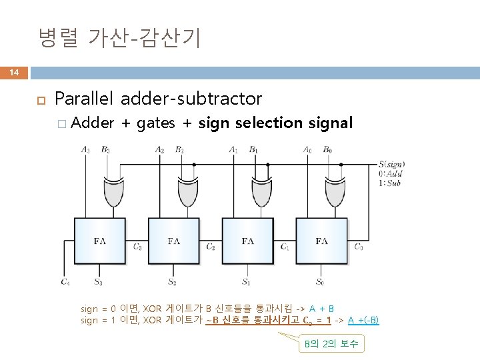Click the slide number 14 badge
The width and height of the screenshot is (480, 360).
(13, 72)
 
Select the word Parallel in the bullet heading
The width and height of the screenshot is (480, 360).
(85, 99)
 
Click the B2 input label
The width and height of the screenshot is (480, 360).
(180, 149)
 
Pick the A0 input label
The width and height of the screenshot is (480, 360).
(307, 149)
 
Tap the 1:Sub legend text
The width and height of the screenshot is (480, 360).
(391, 182)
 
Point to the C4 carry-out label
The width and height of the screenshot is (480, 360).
(65, 282)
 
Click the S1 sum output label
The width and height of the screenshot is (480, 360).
(246, 282)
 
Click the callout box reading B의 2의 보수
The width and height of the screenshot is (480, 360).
(331, 344)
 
